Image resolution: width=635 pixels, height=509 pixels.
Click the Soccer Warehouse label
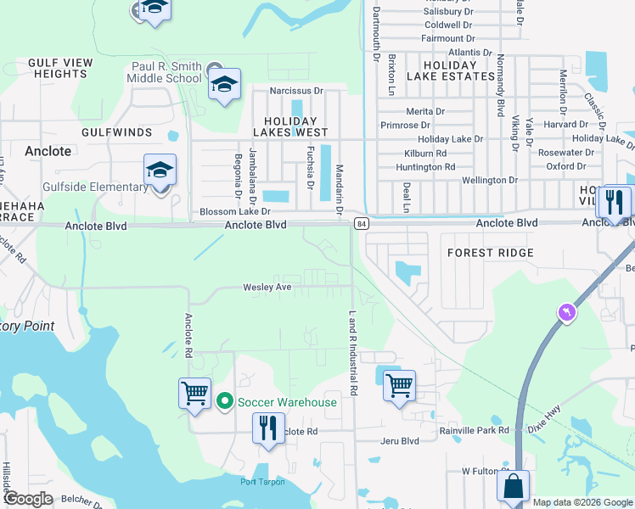point(288,402)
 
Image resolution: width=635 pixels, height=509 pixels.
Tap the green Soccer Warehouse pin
point(225,401)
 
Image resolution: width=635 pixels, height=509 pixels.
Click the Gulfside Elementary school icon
point(160,171)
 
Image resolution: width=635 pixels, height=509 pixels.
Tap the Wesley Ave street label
point(267,288)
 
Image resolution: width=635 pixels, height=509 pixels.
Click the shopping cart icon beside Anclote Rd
point(194,394)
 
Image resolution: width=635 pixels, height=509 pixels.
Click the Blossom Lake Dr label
point(234,211)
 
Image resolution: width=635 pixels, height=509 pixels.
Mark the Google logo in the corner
point(28,499)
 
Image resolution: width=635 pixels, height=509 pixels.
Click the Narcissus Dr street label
point(297,91)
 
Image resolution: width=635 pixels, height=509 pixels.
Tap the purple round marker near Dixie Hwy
point(566,313)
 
